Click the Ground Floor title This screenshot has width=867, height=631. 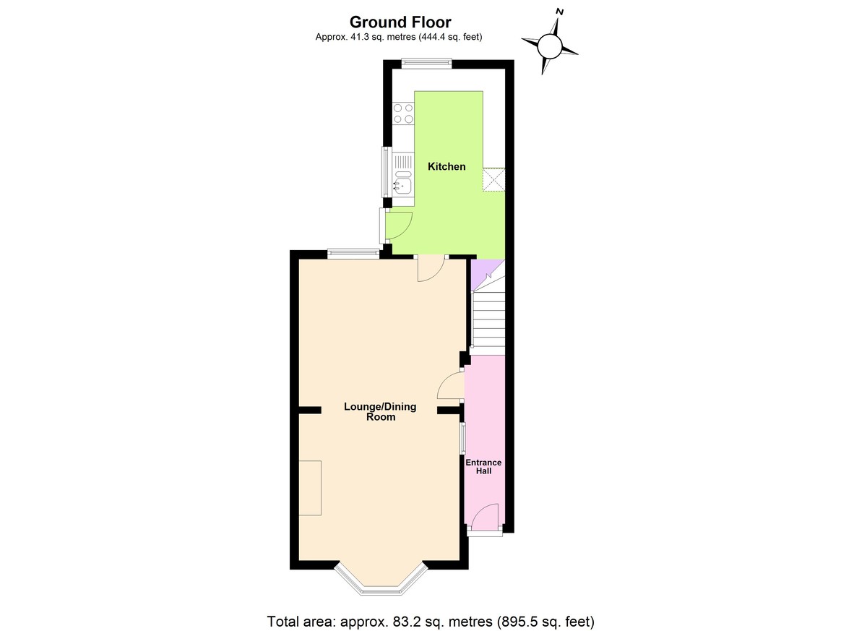point(400,23)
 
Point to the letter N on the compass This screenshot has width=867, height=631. point(560,12)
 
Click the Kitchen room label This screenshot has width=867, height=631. point(447,167)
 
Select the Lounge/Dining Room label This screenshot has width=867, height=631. point(379,411)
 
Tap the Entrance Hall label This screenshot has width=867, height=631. point(483,466)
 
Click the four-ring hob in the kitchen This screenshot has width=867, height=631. point(403,113)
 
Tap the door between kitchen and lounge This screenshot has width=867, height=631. point(431,268)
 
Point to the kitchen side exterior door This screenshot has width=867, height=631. point(397,224)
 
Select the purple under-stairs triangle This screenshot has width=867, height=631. point(480,269)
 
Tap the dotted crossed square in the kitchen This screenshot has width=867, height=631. point(494,179)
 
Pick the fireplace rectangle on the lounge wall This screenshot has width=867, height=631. point(310,488)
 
